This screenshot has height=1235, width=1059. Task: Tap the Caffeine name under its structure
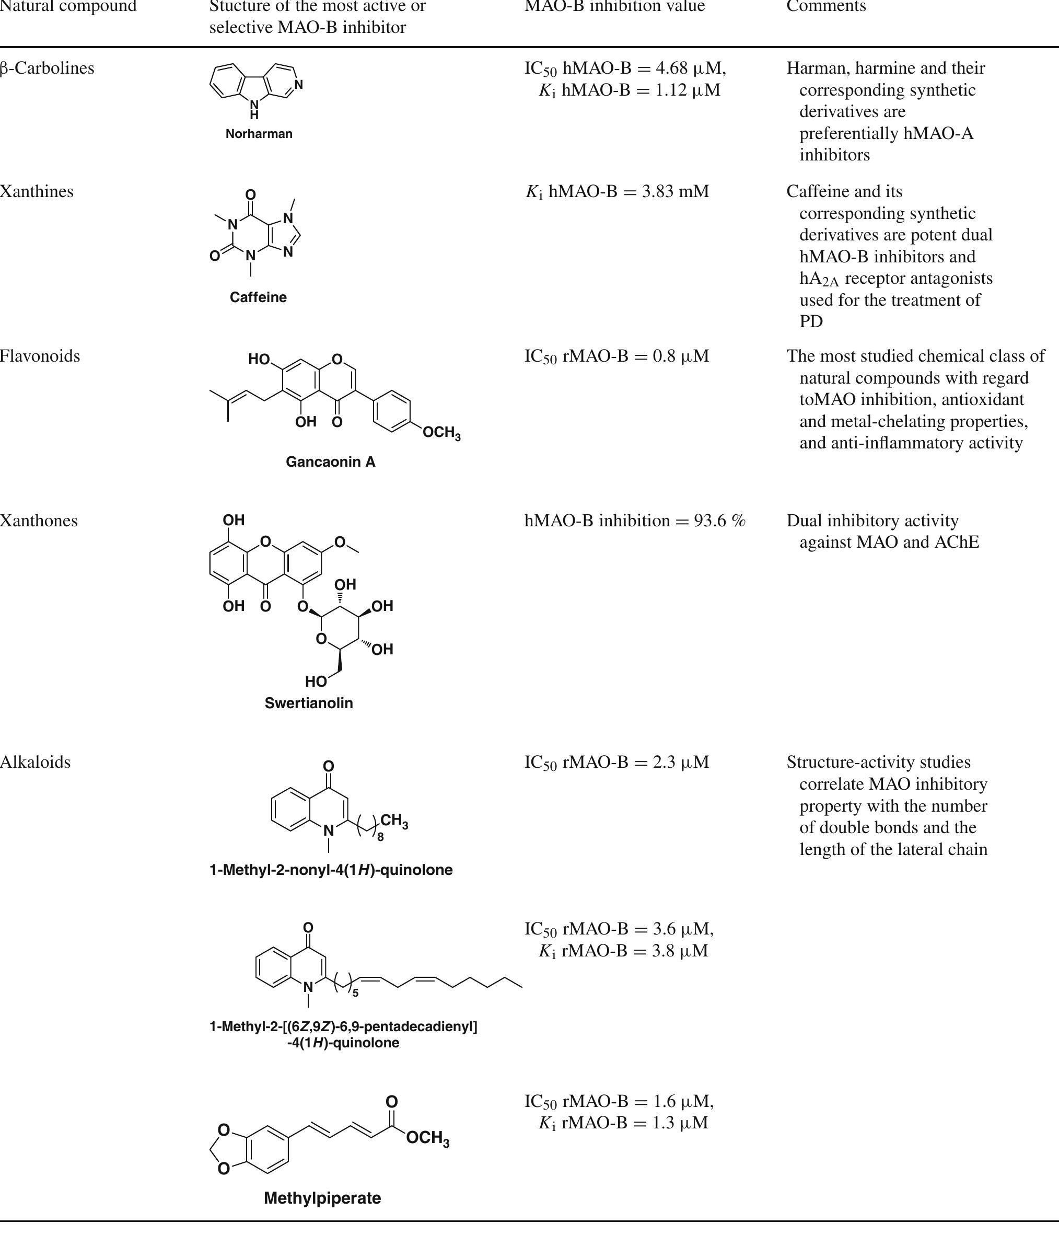[x=258, y=297]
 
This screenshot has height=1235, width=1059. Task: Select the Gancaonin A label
[x=330, y=462]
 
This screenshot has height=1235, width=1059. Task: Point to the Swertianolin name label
[x=309, y=703]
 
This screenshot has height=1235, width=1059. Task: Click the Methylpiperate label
[x=322, y=1198]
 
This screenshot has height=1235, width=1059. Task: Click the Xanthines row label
[x=37, y=191]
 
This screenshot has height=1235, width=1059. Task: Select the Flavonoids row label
[x=40, y=356]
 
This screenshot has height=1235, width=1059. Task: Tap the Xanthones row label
[x=39, y=521]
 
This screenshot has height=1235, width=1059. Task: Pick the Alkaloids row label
[x=35, y=761]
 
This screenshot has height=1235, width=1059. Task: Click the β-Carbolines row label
[x=47, y=68]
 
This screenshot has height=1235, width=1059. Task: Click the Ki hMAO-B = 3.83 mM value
[x=617, y=191]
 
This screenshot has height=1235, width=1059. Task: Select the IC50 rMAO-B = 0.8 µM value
[x=617, y=356]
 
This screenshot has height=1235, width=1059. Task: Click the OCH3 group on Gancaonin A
[x=441, y=433]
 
